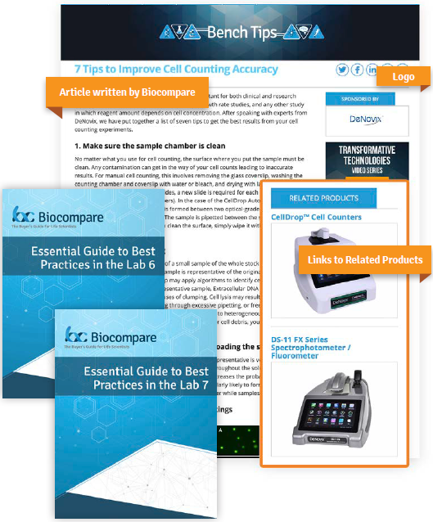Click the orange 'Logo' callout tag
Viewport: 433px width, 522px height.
pyautogui.click(x=404, y=77)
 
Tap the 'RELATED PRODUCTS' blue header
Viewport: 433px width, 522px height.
pyautogui.click(x=324, y=198)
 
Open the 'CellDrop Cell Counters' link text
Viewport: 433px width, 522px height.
pyautogui.click(x=316, y=217)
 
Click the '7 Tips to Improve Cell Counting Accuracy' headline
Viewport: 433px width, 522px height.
pyautogui.click(x=176, y=70)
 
